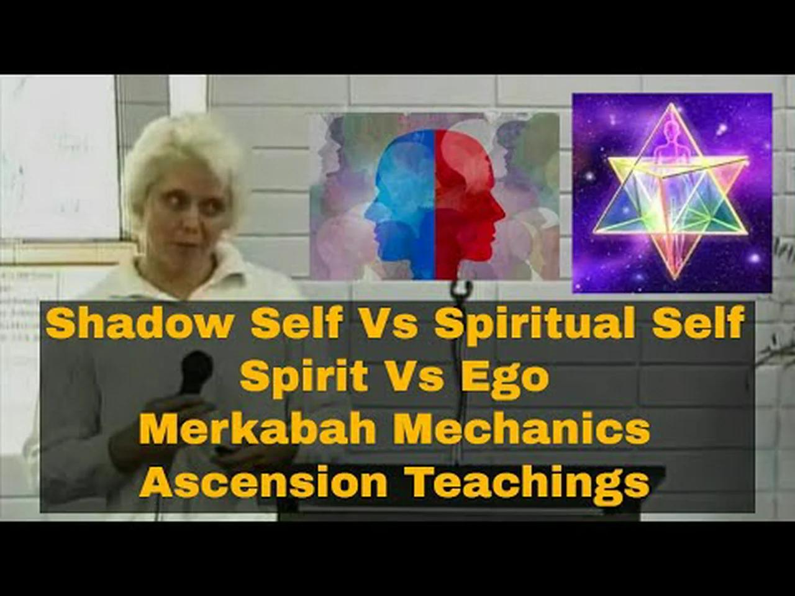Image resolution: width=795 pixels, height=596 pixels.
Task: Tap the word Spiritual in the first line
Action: click(535, 323)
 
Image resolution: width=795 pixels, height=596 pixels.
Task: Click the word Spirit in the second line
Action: click(304, 377)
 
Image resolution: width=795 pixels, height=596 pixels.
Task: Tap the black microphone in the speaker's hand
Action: click(196, 371)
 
